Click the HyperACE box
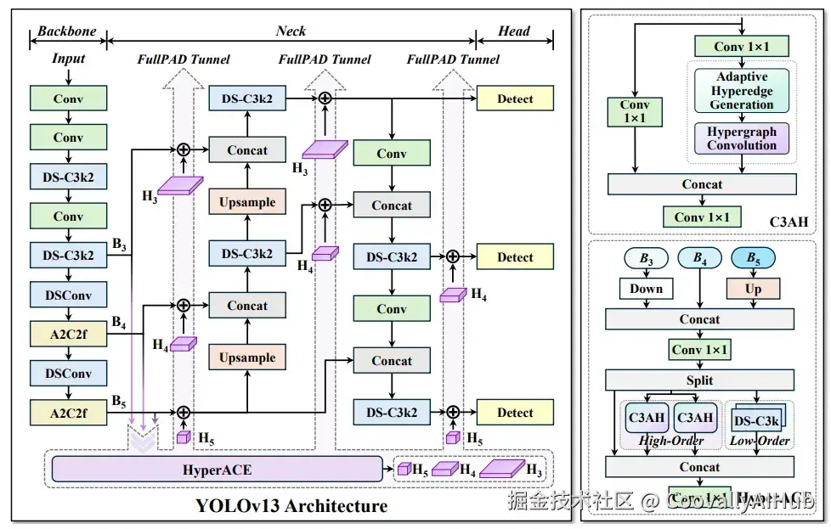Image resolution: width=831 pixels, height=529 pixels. (x=218, y=470)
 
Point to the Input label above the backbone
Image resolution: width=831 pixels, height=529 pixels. (x=69, y=59)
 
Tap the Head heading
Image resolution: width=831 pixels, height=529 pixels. (x=514, y=31)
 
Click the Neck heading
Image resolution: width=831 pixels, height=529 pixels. (x=291, y=31)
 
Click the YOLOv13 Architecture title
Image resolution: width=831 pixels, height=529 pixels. (x=291, y=506)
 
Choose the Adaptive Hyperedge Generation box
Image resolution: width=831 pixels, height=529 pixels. (x=742, y=91)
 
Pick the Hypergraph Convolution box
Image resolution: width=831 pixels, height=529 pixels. (x=742, y=138)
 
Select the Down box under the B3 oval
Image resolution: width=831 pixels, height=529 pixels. (x=646, y=289)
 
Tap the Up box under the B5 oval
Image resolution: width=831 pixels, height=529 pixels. (x=753, y=289)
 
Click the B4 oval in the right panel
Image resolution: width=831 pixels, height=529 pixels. (x=700, y=257)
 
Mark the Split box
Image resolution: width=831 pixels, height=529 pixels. (x=699, y=380)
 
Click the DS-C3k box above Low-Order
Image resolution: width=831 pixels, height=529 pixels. (x=756, y=422)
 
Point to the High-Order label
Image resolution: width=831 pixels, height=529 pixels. (x=670, y=441)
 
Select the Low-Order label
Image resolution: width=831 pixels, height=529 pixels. (x=760, y=441)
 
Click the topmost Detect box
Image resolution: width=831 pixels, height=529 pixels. (x=515, y=98)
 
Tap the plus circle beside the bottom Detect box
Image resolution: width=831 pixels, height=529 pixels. (x=453, y=413)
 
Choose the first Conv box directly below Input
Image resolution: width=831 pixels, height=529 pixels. (x=69, y=98)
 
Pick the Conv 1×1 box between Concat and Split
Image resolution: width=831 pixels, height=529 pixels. (x=699, y=350)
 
